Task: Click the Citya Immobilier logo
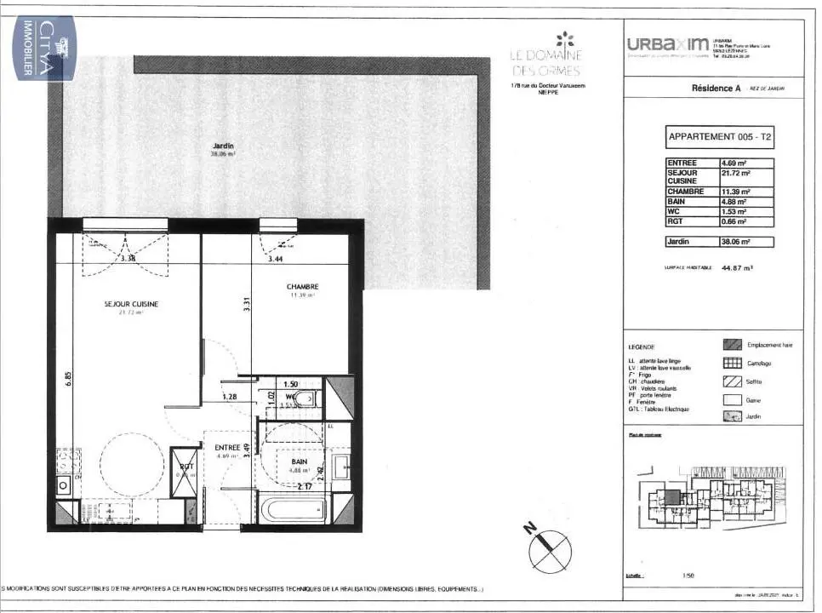45,49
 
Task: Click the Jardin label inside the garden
223,146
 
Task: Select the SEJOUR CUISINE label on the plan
131,304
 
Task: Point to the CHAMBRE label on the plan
302,287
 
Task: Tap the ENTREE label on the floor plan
227,447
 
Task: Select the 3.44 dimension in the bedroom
275,258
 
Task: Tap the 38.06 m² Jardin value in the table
746,242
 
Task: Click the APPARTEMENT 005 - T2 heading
720,136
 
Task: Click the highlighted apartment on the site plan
673,497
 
